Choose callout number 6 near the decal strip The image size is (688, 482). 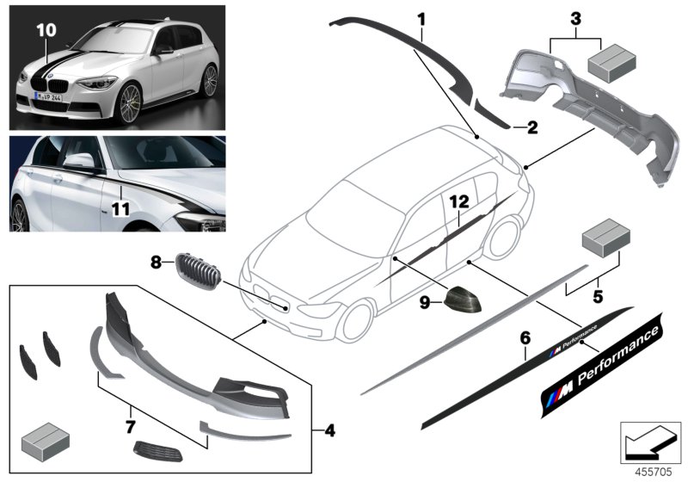525,338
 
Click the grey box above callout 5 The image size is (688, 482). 605,245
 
